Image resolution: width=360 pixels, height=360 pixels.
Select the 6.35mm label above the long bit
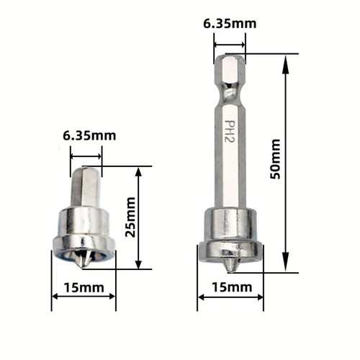pos(230,24)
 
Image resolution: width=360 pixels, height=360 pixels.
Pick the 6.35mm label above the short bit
pos(89,135)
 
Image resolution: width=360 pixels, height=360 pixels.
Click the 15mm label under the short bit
pos(84,288)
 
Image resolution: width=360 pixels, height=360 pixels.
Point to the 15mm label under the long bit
pos(230,288)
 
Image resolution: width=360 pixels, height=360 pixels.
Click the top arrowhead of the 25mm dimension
pos(138,173)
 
